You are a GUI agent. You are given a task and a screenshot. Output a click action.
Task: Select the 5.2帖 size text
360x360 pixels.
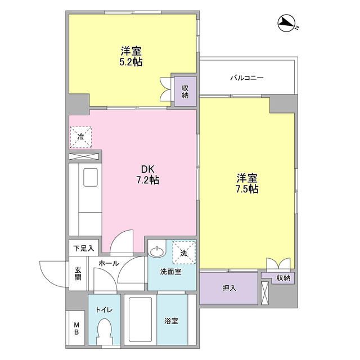[x=130, y=62]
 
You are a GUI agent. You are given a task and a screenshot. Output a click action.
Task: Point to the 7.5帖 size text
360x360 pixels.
[x=247, y=190]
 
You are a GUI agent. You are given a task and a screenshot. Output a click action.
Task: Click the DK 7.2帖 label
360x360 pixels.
[x=147, y=174]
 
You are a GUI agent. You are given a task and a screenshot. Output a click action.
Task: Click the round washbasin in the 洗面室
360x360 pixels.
[x=157, y=250]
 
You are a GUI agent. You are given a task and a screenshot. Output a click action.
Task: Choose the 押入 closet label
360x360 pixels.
[x=229, y=288]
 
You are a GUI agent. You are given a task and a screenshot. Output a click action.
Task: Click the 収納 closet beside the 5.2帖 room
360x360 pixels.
[x=184, y=91]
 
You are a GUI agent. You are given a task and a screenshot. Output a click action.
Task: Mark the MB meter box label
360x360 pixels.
[x=76, y=327]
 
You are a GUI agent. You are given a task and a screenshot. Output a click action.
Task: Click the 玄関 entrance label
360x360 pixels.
[x=78, y=273]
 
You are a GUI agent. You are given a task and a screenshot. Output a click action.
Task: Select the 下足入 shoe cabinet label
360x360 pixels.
[x=83, y=247]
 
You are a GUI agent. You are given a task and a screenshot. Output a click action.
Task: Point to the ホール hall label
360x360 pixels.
[x=108, y=263]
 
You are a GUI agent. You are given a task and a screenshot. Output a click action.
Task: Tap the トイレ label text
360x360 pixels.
[x=103, y=310]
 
